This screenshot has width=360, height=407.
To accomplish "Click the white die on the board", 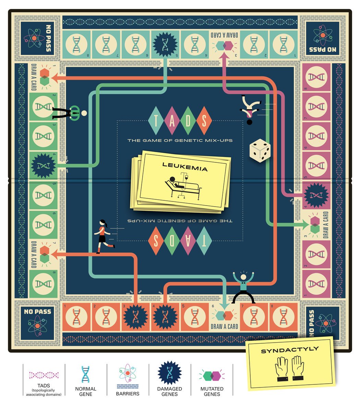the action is (x=260, y=150).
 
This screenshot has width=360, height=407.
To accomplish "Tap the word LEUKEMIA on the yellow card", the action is (x=185, y=169).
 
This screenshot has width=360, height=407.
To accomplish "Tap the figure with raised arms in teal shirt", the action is (x=243, y=288).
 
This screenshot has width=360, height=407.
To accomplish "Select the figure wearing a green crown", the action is (x=70, y=112).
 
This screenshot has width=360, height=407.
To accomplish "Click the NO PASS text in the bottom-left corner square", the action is (x=38, y=312).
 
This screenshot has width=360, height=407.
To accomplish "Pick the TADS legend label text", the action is (x=44, y=386).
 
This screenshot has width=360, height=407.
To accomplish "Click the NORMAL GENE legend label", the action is (x=86, y=391).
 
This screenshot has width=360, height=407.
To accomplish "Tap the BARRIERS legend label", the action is (x=128, y=394).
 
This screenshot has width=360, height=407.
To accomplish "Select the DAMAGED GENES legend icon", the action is (x=169, y=373).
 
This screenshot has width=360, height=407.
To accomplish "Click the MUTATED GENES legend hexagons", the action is (x=212, y=375).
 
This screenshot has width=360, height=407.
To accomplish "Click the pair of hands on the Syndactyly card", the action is (x=290, y=369).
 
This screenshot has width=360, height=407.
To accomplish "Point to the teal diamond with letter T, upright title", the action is (x=156, y=120).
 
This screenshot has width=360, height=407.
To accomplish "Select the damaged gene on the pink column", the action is (x=316, y=196).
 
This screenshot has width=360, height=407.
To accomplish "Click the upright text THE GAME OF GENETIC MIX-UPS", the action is (x=180, y=140).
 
